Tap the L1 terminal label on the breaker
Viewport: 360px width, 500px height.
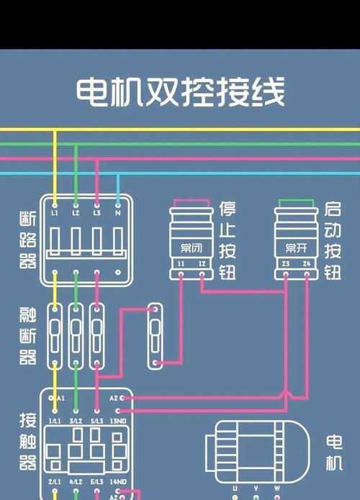tap(55, 214)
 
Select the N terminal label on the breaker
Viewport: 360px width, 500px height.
tap(117, 214)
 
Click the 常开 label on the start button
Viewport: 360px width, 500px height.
tap(296, 248)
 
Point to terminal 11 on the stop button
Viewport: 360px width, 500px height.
tap(181, 265)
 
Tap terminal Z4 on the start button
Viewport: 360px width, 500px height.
tap(307, 265)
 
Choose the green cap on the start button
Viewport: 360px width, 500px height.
tap(296, 204)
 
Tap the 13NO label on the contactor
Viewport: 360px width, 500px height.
tap(119, 420)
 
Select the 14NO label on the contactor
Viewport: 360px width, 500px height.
tap(119, 481)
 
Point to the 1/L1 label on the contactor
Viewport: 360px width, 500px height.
tap(55, 420)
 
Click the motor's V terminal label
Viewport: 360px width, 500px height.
tap(256, 488)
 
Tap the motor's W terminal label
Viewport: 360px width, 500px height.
tap(276, 488)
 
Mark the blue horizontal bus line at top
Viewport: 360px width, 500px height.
tap(180, 173)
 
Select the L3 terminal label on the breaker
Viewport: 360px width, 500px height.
tap(96, 214)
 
